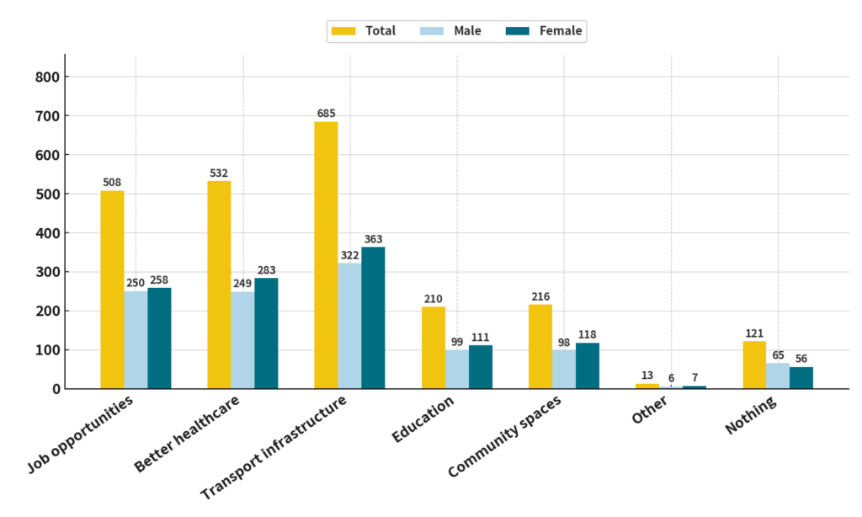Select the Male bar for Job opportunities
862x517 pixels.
pyautogui.click(x=136, y=340)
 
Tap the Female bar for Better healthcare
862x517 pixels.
pyautogui.click(x=266, y=333)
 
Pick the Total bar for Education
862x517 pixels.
pyautogui.click(x=434, y=348)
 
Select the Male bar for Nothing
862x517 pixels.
pyautogui.click(x=778, y=376)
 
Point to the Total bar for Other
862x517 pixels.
pyautogui.click(x=647, y=386)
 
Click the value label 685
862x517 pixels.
pyautogui.click(x=327, y=113)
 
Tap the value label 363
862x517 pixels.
pyautogui.click(x=374, y=239)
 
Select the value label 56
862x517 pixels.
pyautogui.click(x=801, y=358)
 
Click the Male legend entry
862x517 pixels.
pyautogui.click(x=455, y=31)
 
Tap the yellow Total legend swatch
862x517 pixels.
pyautogui.click(x=343, y=31)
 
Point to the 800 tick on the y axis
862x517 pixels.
pyautogui.click(x=47, y=77)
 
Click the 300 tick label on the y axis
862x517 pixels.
pyautogui.click(x=47, y=272)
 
